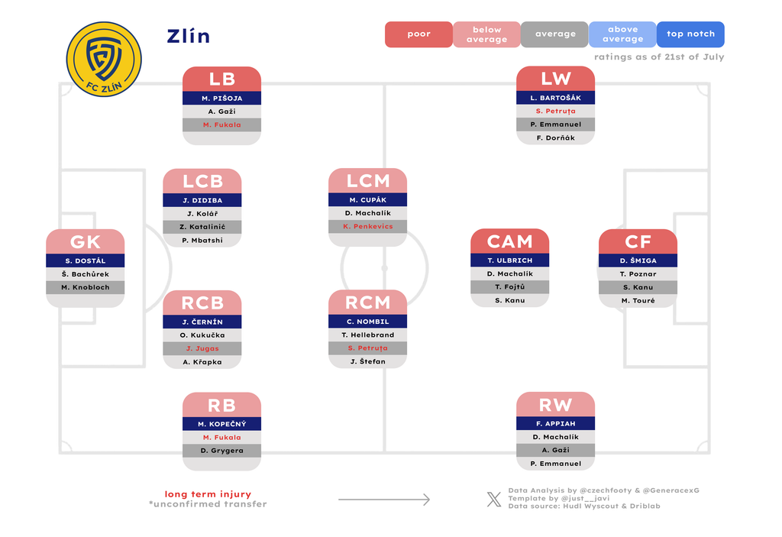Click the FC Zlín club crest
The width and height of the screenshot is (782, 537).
click(104, 59)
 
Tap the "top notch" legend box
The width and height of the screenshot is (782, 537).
click(690, 34)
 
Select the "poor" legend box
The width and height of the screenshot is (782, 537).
click(418, 34)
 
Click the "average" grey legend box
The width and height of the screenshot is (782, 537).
click(554, 34)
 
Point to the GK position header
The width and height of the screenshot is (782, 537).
click(86, 241)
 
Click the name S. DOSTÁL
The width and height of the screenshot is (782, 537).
click(86, 260)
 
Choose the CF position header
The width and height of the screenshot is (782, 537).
click(638, 241)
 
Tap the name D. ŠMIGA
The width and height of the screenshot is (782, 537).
click(638, 260)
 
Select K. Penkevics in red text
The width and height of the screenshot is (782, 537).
click(367, 226)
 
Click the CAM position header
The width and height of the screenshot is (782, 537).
click(509, 241)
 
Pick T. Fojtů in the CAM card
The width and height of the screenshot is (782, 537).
click(509, 287)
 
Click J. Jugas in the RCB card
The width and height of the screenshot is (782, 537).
click(202, 348)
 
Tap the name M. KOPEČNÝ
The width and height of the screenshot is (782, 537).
click(222, 424)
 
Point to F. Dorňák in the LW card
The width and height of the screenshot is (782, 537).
click(556, 137)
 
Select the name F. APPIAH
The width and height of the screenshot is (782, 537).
click(556, 423)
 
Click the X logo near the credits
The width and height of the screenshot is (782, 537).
click(494, 499)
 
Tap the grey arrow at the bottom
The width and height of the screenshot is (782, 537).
click(384, 499)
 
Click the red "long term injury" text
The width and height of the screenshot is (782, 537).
click(208, 494)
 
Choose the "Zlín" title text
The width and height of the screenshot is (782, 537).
click(188, 36)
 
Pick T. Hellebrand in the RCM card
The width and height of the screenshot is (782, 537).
click(367, 335)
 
